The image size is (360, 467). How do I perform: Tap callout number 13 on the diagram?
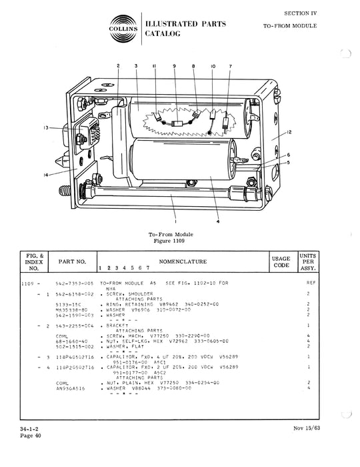[x=46, y=127]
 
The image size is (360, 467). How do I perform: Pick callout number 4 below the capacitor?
[x=218, y=222]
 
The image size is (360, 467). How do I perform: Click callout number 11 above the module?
[x=154, y=67]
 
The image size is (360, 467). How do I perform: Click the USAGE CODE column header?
[x=280, y=262]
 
